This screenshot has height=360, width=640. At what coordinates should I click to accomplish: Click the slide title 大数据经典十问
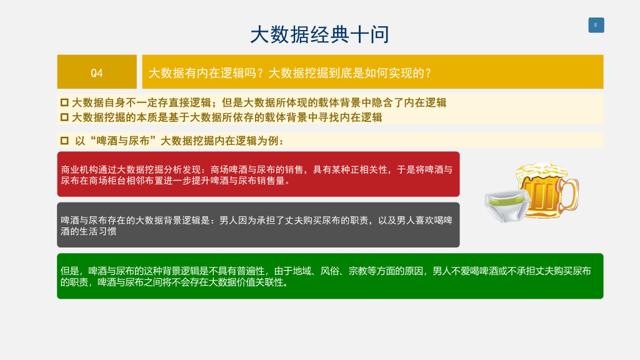coord(319,34)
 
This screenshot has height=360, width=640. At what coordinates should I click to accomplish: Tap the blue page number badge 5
coord(596,25)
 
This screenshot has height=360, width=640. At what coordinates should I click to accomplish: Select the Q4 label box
coord(97,72)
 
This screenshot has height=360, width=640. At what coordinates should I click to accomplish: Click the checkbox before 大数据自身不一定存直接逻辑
coord(64,102)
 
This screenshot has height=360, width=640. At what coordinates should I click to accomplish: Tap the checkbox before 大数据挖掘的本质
coord(64,117)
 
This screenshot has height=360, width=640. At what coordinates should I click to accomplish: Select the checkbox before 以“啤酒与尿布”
coord(64,141)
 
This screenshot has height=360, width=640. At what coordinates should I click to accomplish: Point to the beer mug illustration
coord(547,190)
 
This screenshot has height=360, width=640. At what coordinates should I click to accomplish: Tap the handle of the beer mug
coord(571,195)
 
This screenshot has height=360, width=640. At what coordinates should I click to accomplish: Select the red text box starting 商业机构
coord(258,174)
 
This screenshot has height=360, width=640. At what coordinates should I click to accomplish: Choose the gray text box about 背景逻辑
coord(258,225)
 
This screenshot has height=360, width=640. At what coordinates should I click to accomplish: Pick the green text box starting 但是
coord(330,276)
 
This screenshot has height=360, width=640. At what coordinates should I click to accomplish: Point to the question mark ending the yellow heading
coord(427,73)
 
